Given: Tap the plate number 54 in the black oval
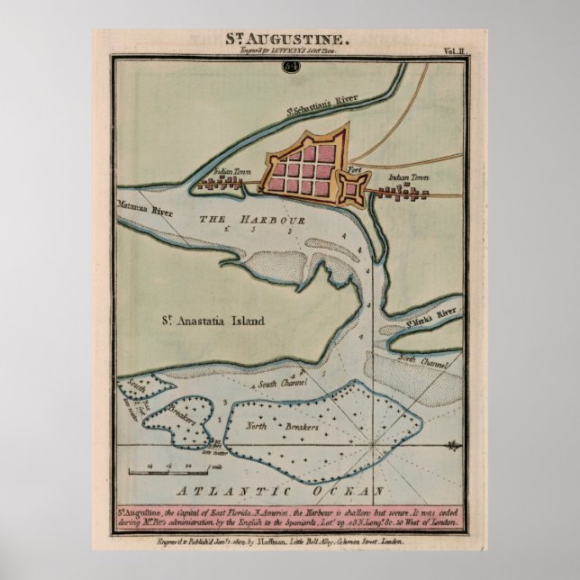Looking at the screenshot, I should click(x=291, y=66).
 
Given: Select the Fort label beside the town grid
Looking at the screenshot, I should click(x=354, y=168).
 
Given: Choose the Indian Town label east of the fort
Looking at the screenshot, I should click(x=407, y=177).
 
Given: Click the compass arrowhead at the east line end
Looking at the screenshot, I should click(x=454, y=446).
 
